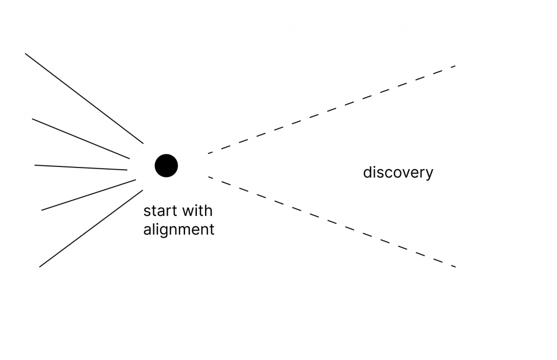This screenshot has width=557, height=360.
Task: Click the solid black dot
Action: [166, 165]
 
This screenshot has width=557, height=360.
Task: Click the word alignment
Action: [178, 229]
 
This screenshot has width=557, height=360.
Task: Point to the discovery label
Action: [398, 173]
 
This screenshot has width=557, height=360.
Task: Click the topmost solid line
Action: [84, 98]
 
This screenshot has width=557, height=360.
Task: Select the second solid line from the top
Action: [81, 139]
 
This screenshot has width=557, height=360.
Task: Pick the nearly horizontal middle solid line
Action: [81, 167]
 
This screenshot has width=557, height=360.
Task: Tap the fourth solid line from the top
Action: [89, 195]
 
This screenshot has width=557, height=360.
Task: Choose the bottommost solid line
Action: [91, 228]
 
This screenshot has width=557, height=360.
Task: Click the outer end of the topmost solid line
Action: [26, 54]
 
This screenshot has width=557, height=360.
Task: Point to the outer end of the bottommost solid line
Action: [40, 266]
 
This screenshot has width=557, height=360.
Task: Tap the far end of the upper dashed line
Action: [454, 66]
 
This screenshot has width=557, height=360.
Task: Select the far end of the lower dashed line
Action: [454, 266]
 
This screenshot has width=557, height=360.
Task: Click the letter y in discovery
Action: [430, 174]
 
